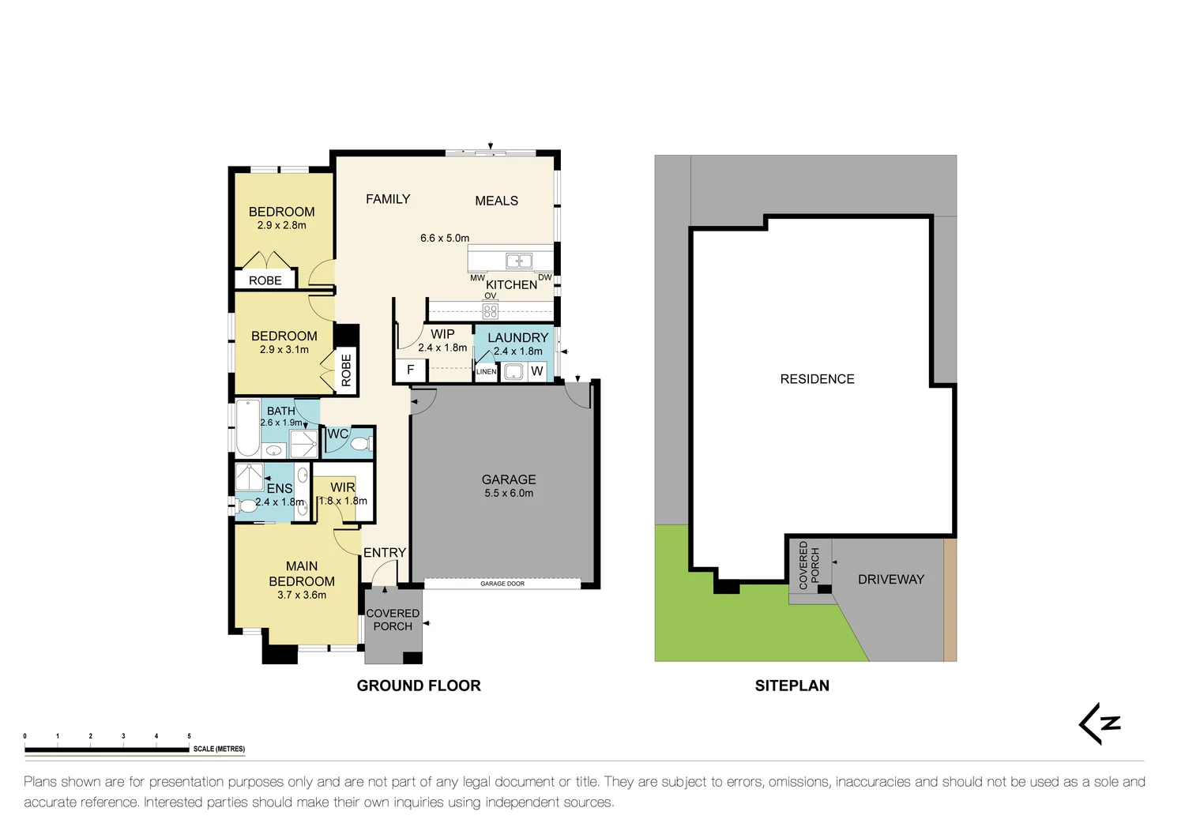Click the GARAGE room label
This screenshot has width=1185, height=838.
(x=509, y=479)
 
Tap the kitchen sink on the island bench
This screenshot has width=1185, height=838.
(x=519, y=261)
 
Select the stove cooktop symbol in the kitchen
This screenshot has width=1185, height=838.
(x=490, y=310)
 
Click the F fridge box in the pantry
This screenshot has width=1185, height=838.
(x=410, y=370)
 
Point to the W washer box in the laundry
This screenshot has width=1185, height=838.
(x=537, y=371)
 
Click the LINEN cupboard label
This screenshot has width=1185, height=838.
(x=487, y=371)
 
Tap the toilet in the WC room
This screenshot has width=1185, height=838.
(x=360, y=444)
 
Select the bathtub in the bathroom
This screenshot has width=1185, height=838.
(x=248, y=430)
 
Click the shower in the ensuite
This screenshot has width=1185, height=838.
(x=250, y=477)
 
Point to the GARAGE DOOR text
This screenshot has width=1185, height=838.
(x=502, y=584)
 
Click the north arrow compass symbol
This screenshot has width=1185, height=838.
(x=1100, y=723)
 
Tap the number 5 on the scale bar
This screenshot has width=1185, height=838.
(x=189, y=736)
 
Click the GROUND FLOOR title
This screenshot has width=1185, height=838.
(x=419, y=686)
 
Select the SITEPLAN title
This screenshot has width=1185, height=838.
(x=792, y=686)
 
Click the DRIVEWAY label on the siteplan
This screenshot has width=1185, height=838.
(x=890, y=579)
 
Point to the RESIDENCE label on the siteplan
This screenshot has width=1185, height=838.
(x=817, y=379)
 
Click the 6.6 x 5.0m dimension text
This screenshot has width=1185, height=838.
(x=444, y=238)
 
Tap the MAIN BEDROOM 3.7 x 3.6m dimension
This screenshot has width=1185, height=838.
(x=302, y=595)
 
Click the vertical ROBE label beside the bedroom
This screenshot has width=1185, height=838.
(x=346, y=370)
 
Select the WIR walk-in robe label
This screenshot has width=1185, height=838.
(x=343, y=487)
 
